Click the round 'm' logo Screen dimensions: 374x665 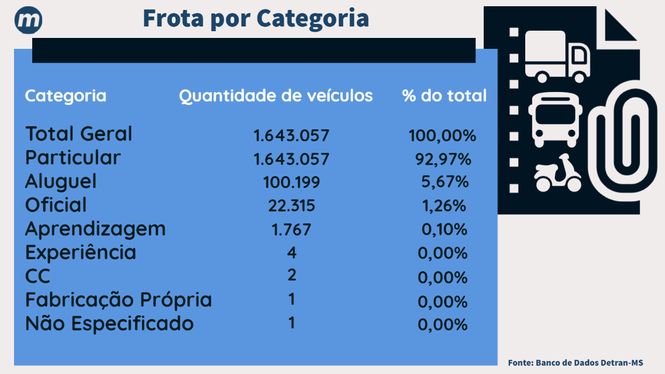[29, 21]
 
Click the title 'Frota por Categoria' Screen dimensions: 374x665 [256, 19]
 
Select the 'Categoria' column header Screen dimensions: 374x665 [65, 96]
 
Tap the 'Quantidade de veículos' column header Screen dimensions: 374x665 [276, 96]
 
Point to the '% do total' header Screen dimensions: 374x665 [444, 96]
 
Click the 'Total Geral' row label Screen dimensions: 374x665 [78, 134]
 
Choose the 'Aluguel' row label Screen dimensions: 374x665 [61, 181]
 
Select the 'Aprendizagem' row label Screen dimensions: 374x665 [95, 229]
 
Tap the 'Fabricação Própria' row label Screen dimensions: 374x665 [118, 300]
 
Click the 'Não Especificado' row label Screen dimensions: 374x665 [109, 324]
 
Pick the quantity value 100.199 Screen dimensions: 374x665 [291, 182]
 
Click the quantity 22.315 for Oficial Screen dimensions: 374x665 [291, 206]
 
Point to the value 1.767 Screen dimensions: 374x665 [291, 230]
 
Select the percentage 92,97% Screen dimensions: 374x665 [443, 159]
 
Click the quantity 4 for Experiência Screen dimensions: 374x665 [291, 253]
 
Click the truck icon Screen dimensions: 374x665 [557, 56]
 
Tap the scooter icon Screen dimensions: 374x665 [557, 173]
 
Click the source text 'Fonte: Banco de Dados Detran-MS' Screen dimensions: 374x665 [575, 363]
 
